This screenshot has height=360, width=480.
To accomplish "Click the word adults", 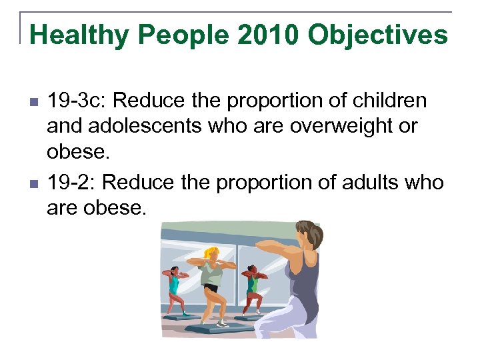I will tap(365, 183).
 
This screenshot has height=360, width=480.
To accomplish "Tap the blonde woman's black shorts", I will tap(211, 289).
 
